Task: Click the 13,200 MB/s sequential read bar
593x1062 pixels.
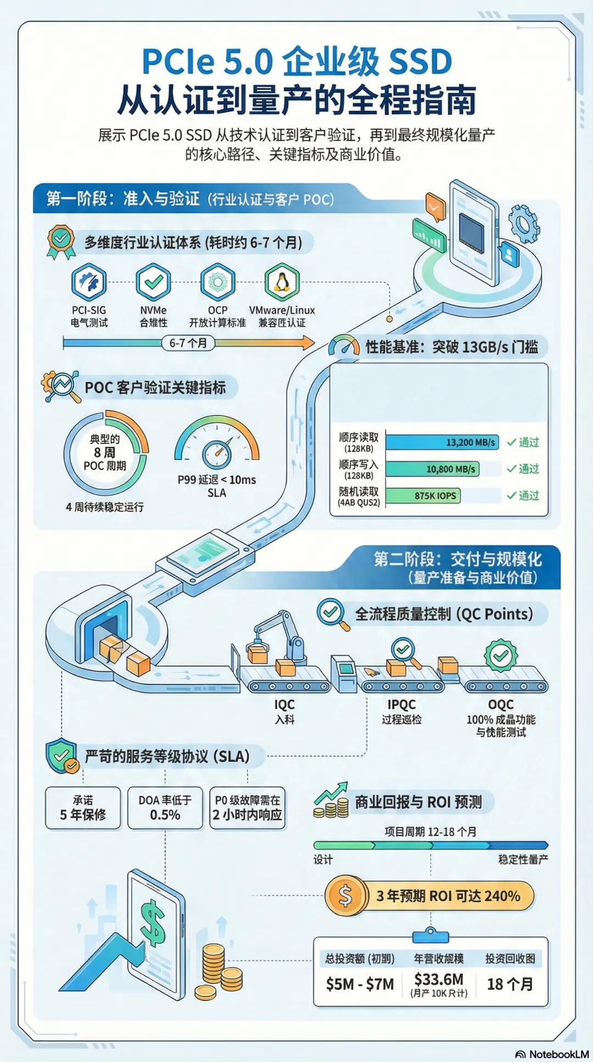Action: pyautogui.click(x=442, y=442)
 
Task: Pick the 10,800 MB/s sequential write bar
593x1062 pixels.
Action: pyautogui.click(x=432, y=469)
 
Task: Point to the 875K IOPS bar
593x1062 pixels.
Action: pyautogui.click(x=423, y=496)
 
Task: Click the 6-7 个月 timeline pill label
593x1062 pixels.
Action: pyautogui.click(x=188, y=343)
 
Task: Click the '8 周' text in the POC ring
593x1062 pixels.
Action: pyautogui.click(x=104, y=452)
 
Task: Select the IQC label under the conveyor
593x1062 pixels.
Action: pyautogui.click(x=284, y=704)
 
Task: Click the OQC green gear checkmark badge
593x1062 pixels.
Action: pyautogui.click(x=501, y=655)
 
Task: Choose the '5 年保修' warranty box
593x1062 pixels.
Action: pyautogui.click(x=83, y=808)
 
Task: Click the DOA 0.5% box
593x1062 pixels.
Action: pyautogui.click(x=165, y=808)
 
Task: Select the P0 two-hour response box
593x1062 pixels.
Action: pyautogui.click(x=248, y=808)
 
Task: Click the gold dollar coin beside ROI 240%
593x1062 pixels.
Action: pyautogui.click(x=345, y=896)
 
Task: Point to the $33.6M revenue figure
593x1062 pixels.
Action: pyautogui.click(x=439, y=979)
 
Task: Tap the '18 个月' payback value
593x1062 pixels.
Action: pyautogui.click(x=510, y=984)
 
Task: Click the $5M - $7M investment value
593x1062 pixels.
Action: pyautogui.click(x=360, y=984)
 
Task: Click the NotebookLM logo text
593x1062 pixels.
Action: pyautogui.click(x=558, y=1054)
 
